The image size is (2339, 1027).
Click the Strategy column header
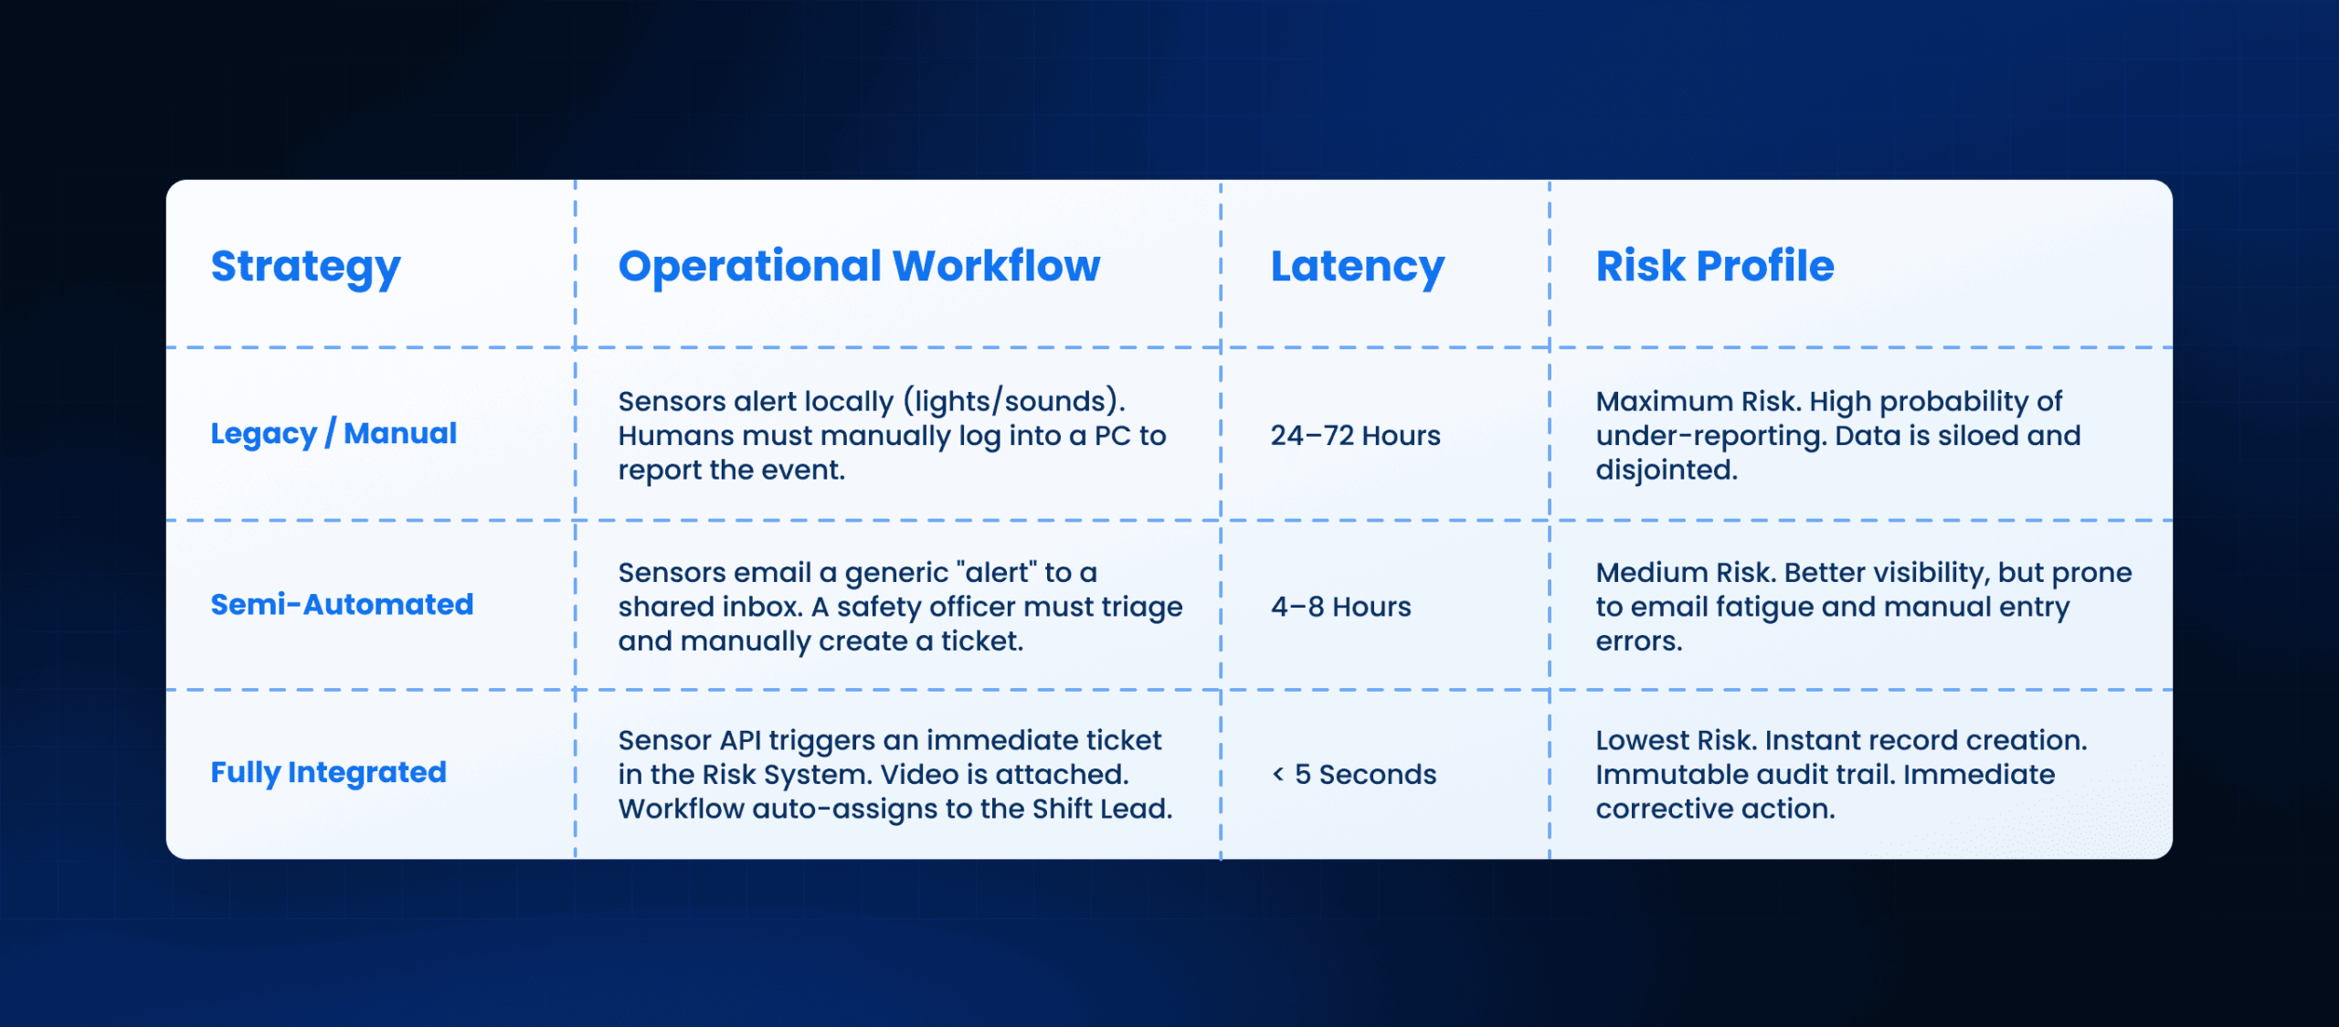[305, 267]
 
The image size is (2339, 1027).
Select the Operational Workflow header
[859, 266]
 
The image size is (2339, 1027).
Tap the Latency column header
[1358, 267]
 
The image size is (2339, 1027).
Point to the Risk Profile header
[1715, 266]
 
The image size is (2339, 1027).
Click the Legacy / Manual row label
[333, 433]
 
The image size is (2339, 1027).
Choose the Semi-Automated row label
[342, 604]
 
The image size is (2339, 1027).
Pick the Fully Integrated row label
[329, 773]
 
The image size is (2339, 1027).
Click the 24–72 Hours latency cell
[1355, 436]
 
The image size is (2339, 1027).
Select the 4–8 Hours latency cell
[1340, 607]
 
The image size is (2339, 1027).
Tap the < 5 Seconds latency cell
[1354, 775]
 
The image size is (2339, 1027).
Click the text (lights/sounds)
[1014, 402]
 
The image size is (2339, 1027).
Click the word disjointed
[1667, 470]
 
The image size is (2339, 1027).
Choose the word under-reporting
[1710, 437]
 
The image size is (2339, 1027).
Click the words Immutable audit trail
[1745, 775]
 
